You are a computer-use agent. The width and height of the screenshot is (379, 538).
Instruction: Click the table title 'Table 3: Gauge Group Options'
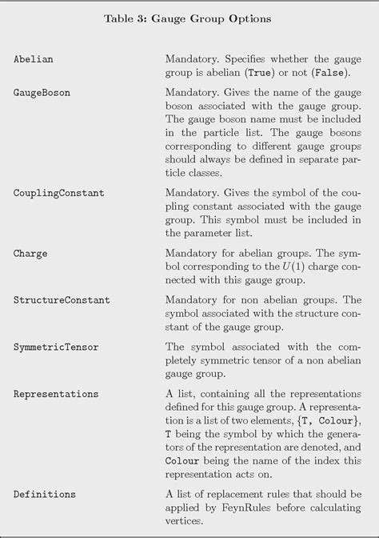click(x=189, y=18)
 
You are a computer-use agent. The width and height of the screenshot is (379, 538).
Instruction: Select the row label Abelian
click(x=34, y=60)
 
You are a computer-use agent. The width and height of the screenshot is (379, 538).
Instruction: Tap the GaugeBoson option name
click(x=42, y=92)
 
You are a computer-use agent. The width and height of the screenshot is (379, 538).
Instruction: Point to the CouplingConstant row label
click(x=58, y=195)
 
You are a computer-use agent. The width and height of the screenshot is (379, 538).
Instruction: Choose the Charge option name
click(x=30, y=254)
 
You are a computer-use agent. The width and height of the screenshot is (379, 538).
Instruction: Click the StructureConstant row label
click(x=62, y=300)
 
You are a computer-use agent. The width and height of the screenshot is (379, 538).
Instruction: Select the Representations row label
click(x=56, y=394)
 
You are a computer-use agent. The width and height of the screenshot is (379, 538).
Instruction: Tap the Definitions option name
click(x=45, y=494)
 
